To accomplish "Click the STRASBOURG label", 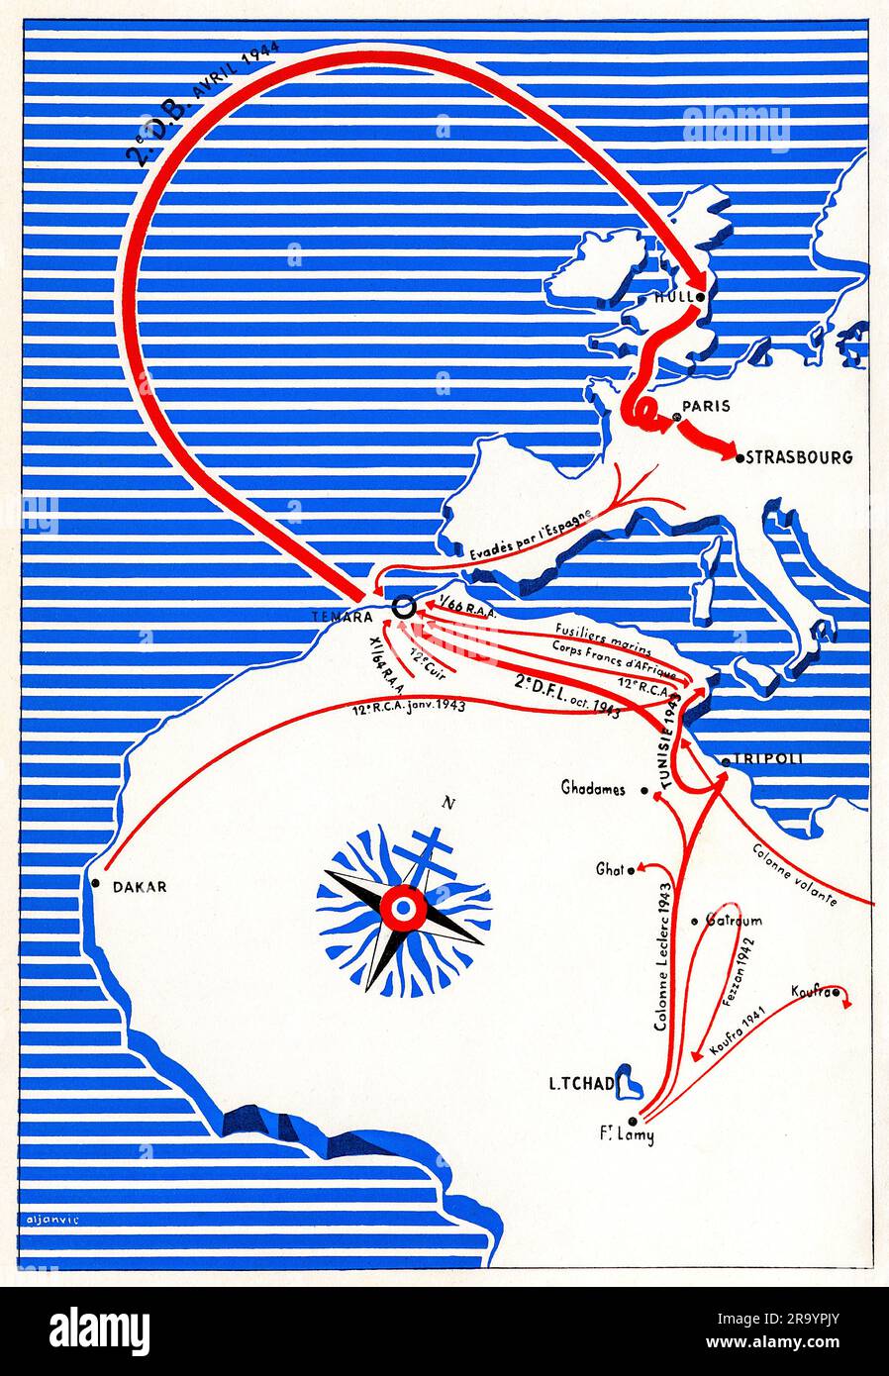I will coord(799,457).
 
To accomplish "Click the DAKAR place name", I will coord(140,887).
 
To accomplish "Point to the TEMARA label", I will coord(344,615).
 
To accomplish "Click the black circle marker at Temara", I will coord(403,608).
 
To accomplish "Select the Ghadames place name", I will coord(593,790).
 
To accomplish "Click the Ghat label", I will coord(609,869).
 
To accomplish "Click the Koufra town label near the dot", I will coord(810,991).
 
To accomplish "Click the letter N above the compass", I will coord(448,803).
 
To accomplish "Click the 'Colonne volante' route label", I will coord(796,875).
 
